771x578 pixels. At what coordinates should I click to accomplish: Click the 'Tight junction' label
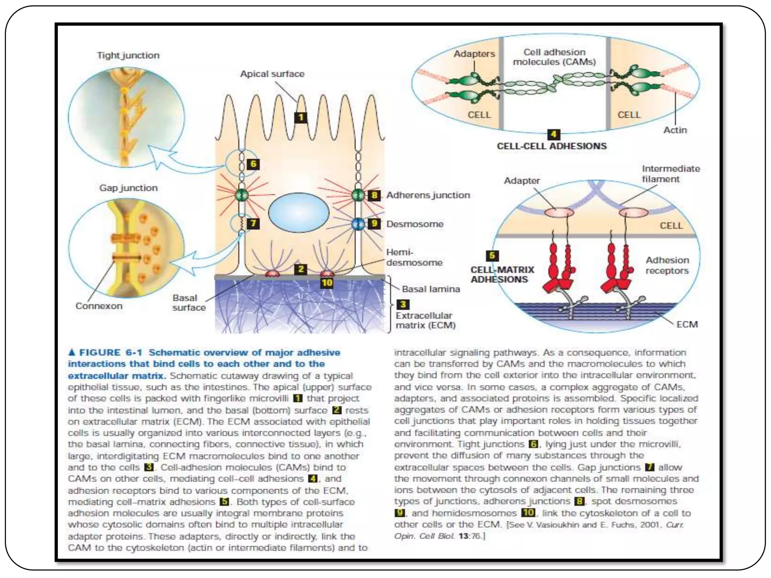[128, 55]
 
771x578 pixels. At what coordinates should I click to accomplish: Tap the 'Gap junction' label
[128, 188]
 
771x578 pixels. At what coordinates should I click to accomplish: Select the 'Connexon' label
[99, 306]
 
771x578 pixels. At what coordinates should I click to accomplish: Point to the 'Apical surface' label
[272, 74]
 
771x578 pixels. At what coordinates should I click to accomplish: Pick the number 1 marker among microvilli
[301, 117]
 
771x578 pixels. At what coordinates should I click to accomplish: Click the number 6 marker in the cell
[253, 164]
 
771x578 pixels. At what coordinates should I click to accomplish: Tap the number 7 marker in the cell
[253, 224]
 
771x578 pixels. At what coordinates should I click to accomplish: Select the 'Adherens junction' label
[428, 195]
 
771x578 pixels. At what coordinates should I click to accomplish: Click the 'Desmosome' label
[414, 224]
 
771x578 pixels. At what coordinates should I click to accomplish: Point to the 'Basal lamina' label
[431, 289]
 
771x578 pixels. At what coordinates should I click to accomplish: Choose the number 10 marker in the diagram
[327, 283]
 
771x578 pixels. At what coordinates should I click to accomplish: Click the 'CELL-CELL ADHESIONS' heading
[552, 146]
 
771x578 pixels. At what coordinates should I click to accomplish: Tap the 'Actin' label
[675, 130]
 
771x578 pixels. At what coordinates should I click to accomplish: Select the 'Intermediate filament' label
[670, 174]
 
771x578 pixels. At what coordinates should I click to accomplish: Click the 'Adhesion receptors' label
[667, 265]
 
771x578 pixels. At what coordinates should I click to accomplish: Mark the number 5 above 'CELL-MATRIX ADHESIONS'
[492, 256]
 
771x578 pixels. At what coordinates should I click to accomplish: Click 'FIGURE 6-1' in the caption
[110, 353]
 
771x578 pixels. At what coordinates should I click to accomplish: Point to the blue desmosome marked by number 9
[358, 224]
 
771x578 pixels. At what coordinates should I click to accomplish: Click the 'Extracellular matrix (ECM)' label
[425, 320]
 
